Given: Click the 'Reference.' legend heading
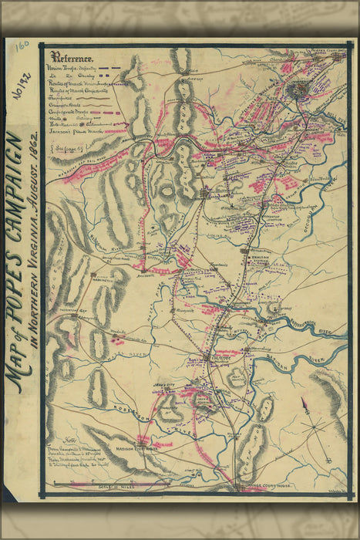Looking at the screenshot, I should (x=72, y=57).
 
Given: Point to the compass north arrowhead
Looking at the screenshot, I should (x=304, y=401).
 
